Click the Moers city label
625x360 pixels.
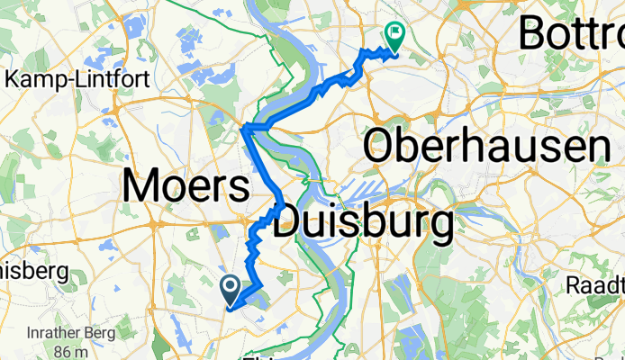pos(186,187)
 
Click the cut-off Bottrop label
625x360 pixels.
pos(571,34)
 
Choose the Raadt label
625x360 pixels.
pos(595,284)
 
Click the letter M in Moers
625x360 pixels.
pos(143,187)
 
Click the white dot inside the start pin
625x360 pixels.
pos(230,287)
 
